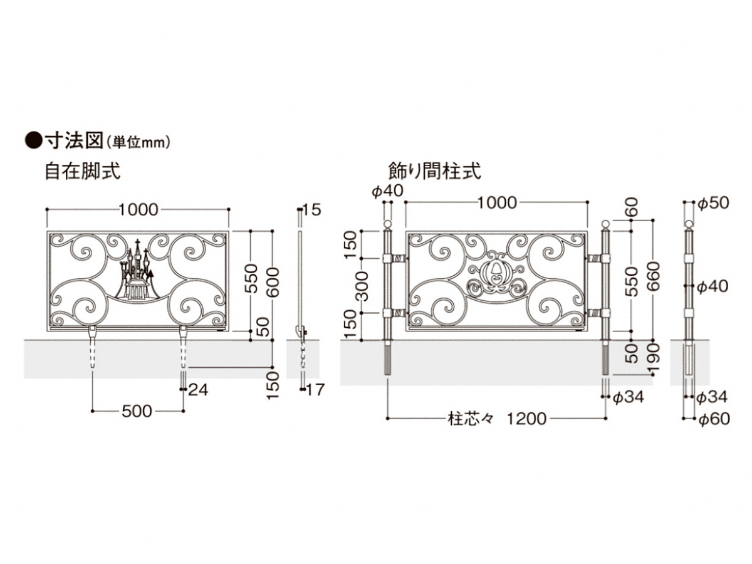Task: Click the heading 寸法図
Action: (x=73, y=140)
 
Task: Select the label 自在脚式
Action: (x=82, y=171)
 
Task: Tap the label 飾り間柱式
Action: (x=435, y=171)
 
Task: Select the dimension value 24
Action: (x=197, y=390)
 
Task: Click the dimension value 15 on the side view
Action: (x=311, y=210)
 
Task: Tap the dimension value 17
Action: (x=315, y=390)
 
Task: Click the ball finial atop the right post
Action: (x=605, y=224)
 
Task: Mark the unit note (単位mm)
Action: (x=138, y=143)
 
